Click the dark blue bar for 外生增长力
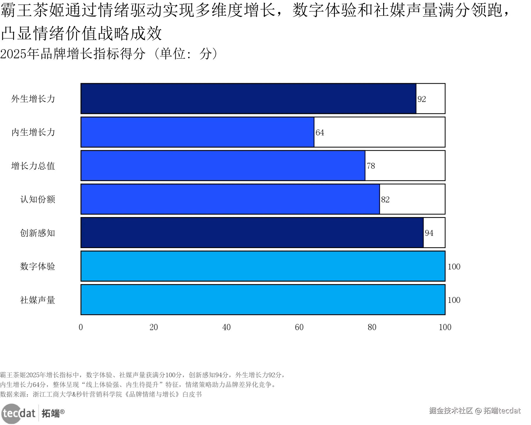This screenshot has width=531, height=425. click(248, 99)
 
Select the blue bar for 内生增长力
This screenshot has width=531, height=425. click(197, 132)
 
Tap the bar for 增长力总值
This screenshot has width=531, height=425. click(223, 166)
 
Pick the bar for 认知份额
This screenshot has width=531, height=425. click(230, 199)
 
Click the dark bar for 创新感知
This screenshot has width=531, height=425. click(252, 233)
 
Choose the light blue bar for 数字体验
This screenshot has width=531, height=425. click(263, 266)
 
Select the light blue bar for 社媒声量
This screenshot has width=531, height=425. click(263, 300)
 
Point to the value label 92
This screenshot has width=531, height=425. click(422, 99)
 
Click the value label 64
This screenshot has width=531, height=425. click(320, 133)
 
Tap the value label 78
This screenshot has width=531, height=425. click(371, 166)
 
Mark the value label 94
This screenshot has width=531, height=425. click(429, 233)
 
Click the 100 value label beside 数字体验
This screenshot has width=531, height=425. click(454, 267)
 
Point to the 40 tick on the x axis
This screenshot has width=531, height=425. click(226, 327)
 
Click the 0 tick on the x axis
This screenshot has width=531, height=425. click(81, 327)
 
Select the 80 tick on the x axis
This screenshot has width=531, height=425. click(372, 327)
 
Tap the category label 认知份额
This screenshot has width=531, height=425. click(37, 199)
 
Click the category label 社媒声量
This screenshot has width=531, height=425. click(37, 300)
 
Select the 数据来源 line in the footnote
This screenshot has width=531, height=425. click(101, 394)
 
